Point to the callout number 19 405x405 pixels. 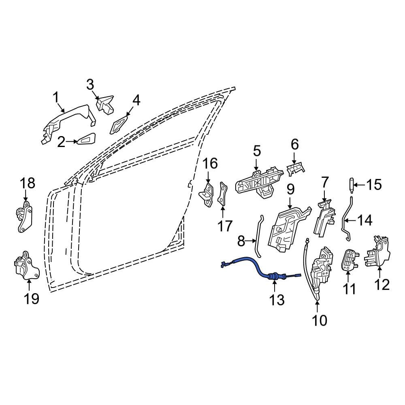click(31, 299)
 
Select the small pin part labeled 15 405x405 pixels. click(351, 185)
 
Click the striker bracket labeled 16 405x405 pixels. click(208, 194)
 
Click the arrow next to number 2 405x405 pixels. click(73, 141)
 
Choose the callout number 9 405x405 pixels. click(290, 189)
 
